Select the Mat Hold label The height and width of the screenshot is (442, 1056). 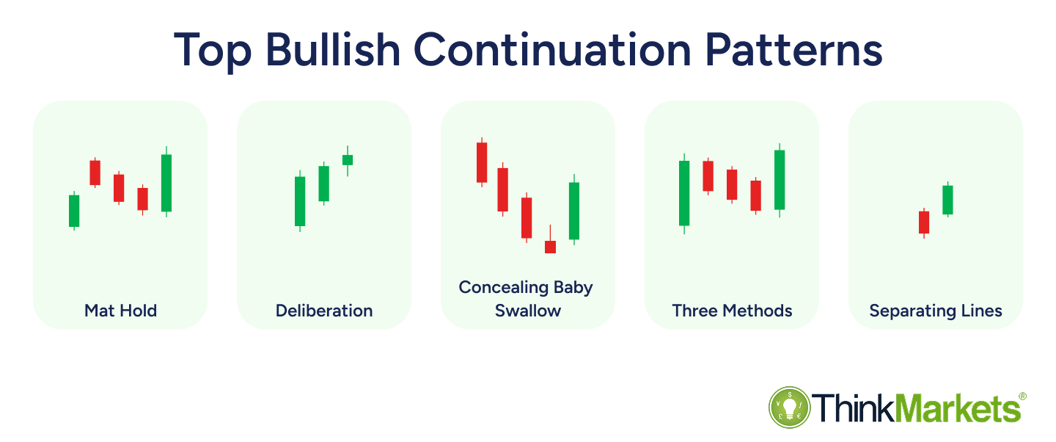point(120,311)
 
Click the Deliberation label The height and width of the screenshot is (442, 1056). point(324,311)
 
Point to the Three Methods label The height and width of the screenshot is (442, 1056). point(732,311)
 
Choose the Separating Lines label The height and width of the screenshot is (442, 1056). point(936,311)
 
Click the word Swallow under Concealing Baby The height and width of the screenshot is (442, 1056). point(528,311)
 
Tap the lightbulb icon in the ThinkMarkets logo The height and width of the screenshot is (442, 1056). point(789,407)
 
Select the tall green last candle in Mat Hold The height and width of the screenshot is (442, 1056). point(166,183)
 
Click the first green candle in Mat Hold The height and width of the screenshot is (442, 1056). point(74,211)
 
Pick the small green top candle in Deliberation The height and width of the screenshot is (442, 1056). point(348,159)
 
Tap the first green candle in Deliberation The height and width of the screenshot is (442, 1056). point(300,201)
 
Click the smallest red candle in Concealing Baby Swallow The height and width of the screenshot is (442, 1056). point(550,247)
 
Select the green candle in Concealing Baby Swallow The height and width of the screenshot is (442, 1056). point(574,211)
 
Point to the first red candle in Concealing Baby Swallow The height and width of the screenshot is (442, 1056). point(482,162)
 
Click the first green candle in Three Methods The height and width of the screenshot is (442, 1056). point(684,193)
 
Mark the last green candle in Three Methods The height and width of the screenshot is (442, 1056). point(780,180)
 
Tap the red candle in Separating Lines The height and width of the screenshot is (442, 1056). point(924,222)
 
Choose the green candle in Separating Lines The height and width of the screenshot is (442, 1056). point(947,200)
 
